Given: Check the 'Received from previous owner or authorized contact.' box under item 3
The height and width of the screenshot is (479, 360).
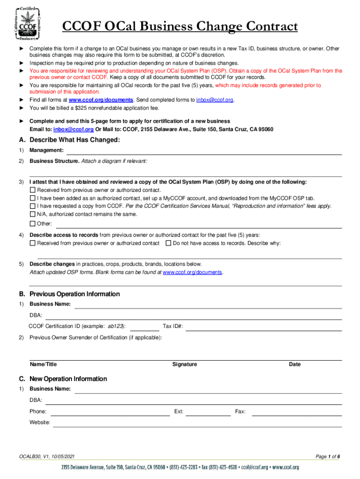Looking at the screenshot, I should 32,190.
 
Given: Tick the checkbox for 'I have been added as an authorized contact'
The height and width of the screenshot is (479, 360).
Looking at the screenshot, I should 32,198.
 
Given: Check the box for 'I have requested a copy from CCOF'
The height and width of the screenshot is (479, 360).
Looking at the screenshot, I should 32,206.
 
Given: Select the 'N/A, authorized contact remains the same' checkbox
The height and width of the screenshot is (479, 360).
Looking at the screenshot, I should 32,214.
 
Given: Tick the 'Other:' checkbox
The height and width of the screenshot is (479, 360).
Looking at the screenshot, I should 32,224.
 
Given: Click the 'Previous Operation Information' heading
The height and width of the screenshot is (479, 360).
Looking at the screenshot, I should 74,294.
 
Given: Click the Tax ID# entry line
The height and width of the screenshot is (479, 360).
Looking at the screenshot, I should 264,327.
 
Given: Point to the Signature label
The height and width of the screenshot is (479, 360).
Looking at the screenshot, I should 185,364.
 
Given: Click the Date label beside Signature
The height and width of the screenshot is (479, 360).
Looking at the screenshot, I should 295,364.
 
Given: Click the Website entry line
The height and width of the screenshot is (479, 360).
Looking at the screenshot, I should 197,424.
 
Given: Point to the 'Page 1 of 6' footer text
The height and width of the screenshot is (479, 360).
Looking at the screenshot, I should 328,457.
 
